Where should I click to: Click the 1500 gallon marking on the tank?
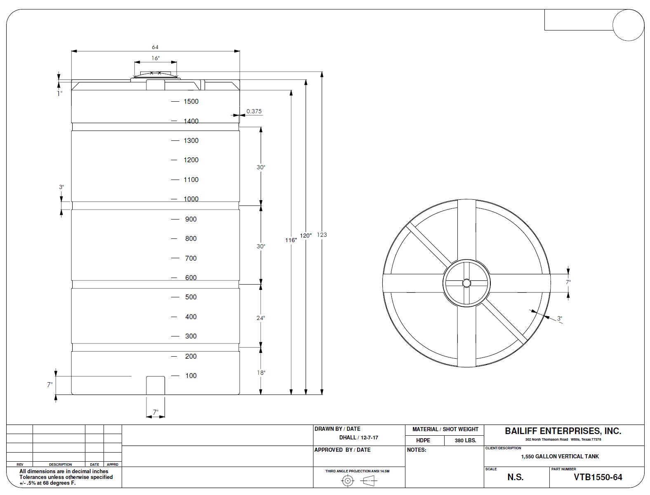pos(191,101)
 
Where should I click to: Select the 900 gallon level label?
pos(191,219)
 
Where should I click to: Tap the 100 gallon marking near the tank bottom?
pos(191,376)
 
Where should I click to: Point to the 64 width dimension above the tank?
pos(155,47)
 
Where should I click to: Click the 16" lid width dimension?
pos(155,58)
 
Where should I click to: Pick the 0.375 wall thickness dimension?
pos(254,111)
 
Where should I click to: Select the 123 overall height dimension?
pos(322,235)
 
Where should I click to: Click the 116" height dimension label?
pos(291,240)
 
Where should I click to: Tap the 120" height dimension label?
pos(306,236)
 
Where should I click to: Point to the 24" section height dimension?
pos(261,318)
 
